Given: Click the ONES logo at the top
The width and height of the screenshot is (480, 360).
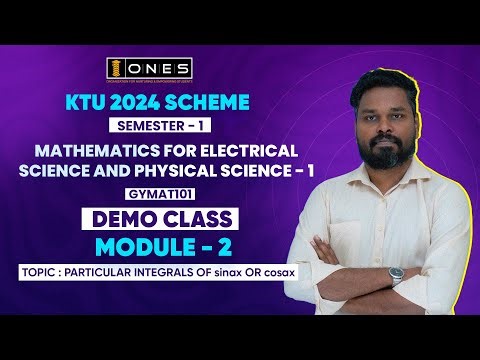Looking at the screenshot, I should click(149, 68).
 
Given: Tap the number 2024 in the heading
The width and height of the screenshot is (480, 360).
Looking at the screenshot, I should click(137, 103).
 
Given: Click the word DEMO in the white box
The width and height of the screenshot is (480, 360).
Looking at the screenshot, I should click(111, 217).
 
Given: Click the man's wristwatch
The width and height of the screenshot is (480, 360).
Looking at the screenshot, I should click(398, 274).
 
